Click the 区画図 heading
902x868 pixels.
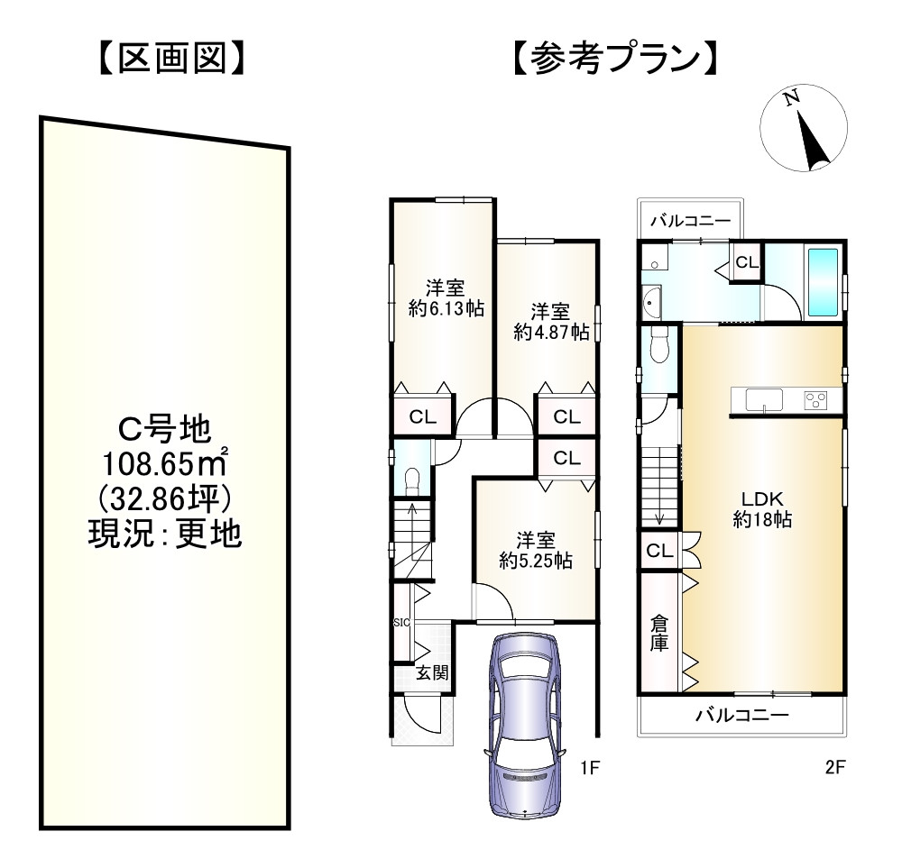170,59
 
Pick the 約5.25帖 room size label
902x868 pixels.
536,560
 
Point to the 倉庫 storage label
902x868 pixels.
660,633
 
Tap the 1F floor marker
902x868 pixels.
590,768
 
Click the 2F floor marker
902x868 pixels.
833,768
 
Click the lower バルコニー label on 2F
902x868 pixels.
741,717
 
